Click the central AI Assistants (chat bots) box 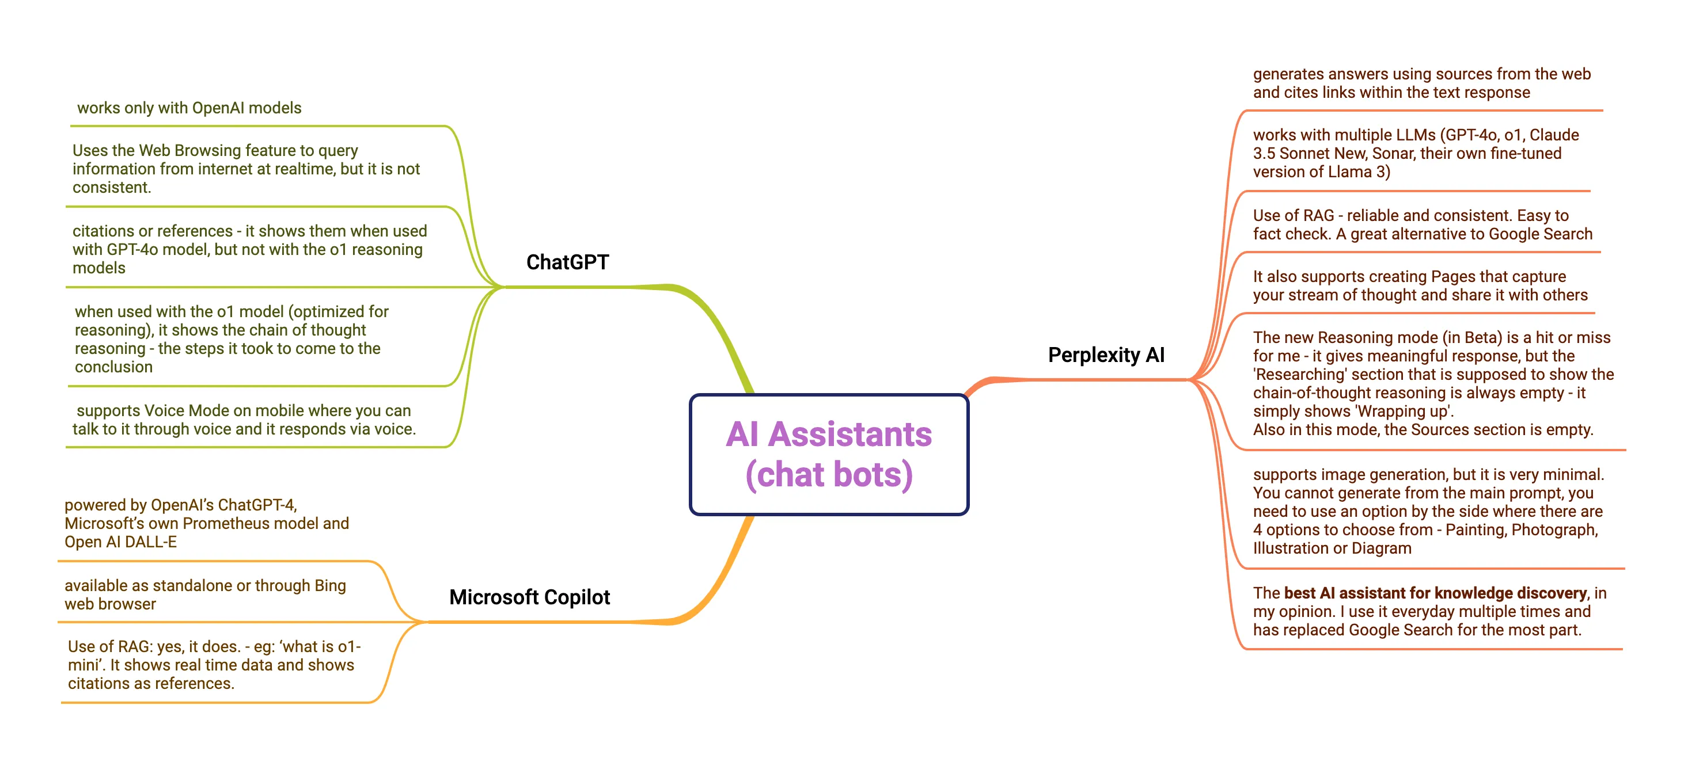829,454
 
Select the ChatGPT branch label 567,262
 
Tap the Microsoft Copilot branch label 529,597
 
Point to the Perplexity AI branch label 1106,355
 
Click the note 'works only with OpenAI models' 189,108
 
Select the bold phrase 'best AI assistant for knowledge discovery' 1435,593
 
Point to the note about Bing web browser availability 204,595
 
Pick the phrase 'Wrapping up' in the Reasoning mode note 1403,411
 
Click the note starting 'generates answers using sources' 1421,83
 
